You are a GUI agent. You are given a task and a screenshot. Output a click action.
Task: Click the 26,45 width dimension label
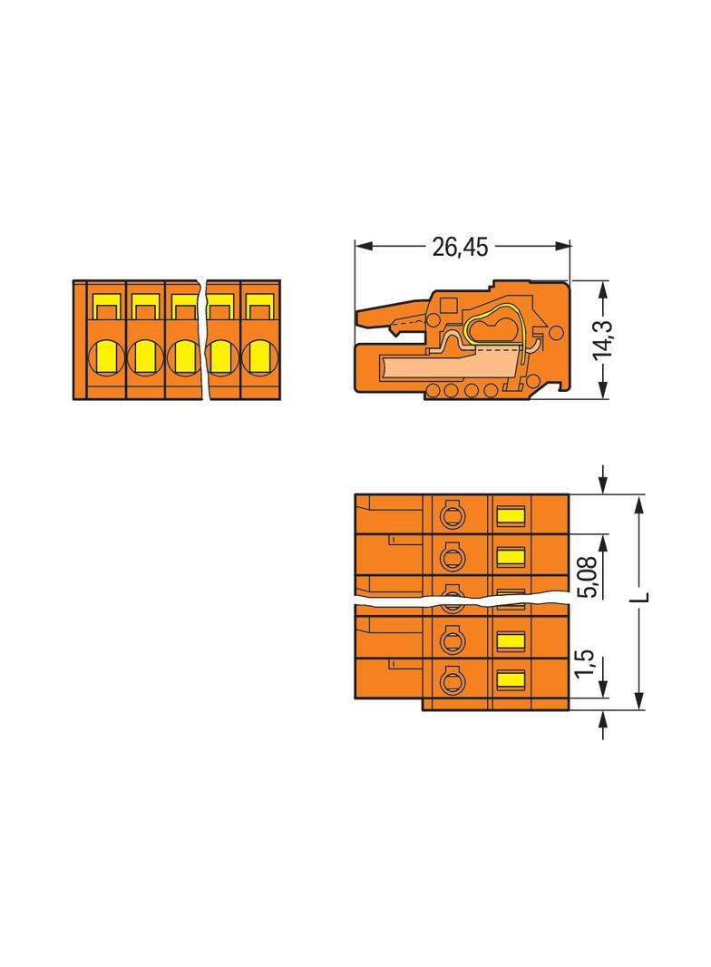tap(460, 247)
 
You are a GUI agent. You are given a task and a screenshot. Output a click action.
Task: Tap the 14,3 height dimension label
tap(602, 339)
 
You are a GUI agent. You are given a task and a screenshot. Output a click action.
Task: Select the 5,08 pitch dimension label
tap(588, 577)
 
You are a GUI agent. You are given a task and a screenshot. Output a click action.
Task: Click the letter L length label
tap(642, 597)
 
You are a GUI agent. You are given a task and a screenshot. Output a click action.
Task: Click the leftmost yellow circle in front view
tap(107, 357)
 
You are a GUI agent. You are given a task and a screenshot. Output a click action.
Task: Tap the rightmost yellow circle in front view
tap(259, 357)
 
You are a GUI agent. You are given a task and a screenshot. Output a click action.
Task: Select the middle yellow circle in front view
tap(183, 357)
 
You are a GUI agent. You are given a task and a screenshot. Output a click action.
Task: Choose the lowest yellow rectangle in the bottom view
tap(510, 679)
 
